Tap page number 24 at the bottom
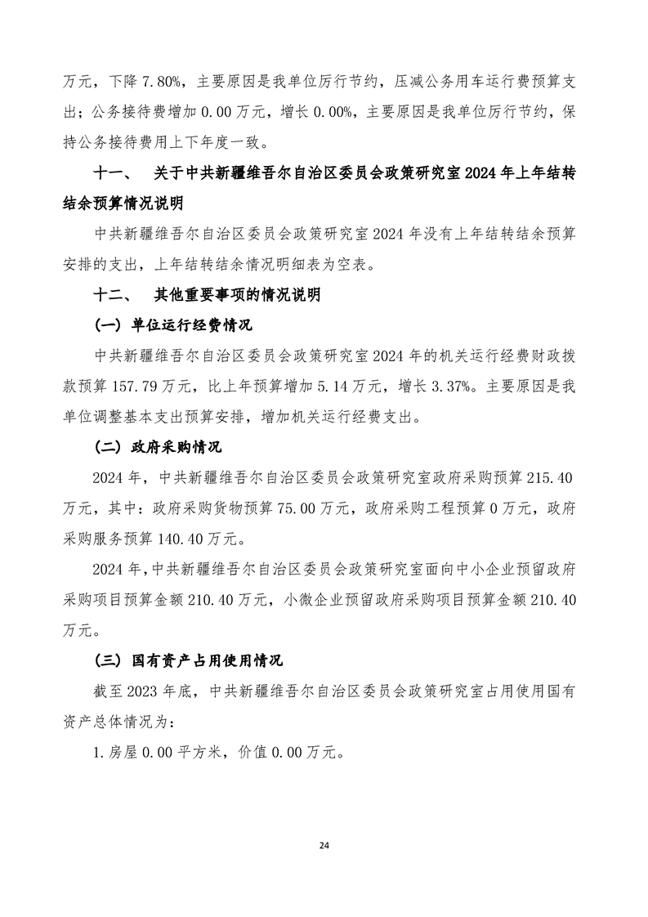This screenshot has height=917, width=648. tap(324, 843)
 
